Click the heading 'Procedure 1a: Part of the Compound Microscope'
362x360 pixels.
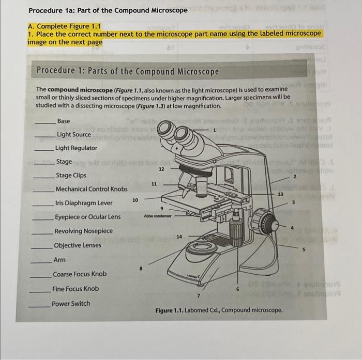pyautogui.click(x=108, y=10)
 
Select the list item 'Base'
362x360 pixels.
pyautogui.click(x=63, y=121)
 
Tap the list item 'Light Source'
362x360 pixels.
pyautogui.click(x=73, y=135)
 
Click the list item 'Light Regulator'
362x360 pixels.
pyautogui.click(x=76, y=148)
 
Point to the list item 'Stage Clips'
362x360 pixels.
pyautogui.click(x=71, y=175)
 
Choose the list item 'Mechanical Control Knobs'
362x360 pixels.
pyautogui.click(x=91, y=189)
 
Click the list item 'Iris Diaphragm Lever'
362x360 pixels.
pyautogui.click(x=83, y=203)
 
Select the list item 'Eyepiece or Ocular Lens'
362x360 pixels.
pyautogui.click(x=87, y=217)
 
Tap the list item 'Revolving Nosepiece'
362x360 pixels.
pyautogui.click(x=83, y=231)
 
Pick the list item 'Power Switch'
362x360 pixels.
pyautogui.click(x=71, y=303)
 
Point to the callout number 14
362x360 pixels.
pyautogui.click(x=178, y=236)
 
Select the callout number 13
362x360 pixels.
pyautogui.click(x=281, y=194)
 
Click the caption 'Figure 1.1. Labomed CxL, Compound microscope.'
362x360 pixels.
pyautogui.click(x=219, y=310)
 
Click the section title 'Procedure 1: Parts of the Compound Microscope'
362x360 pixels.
pyautogui.click(x=128, y=72)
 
